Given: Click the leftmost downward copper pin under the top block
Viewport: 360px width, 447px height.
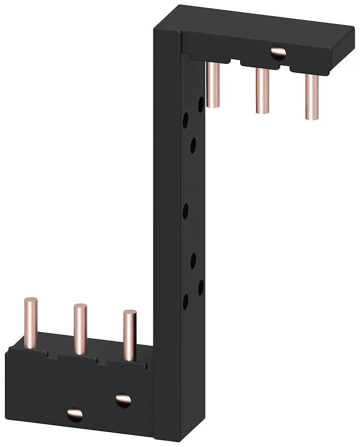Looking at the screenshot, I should (x=214, y=85).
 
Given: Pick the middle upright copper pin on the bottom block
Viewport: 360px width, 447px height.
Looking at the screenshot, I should (x=80, y=329).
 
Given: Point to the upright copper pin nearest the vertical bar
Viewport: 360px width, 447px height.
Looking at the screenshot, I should (x=130, y=335).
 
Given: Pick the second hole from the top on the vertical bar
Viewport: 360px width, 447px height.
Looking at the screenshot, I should (x=185, y=121).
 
